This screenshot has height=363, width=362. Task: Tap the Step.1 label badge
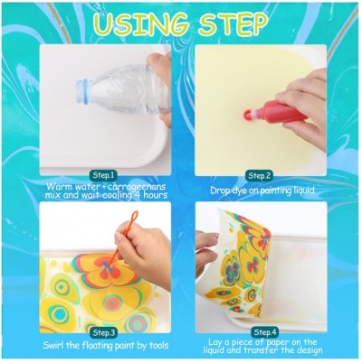103,175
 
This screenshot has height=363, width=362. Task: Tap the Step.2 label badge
259,175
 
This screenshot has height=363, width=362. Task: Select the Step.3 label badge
103,332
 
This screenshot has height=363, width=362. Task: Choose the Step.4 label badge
265,332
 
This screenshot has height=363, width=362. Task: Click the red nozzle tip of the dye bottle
247,115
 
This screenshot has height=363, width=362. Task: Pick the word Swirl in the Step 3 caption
53,345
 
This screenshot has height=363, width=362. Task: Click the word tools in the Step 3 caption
158,345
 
